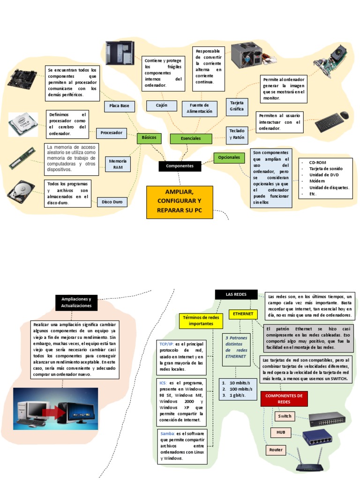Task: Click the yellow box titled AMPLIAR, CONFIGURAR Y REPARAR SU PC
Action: pos(180,202)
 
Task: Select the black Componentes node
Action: pos(180,166)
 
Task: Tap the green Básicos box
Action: pos(149,138)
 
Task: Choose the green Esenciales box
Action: pos(191,138)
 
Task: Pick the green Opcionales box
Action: pos(229,157)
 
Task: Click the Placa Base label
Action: pos(119,106)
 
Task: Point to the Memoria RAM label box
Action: pos(118,164)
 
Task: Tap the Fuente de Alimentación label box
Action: pos(200,108)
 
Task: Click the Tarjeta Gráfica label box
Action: pos(237,105)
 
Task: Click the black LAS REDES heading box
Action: pos(236,294)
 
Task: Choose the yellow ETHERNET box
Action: pos(242,314)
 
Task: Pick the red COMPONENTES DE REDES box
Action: pos(284,399)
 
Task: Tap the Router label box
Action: pos(276,450)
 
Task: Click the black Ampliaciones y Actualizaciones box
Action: pos(76,302)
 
